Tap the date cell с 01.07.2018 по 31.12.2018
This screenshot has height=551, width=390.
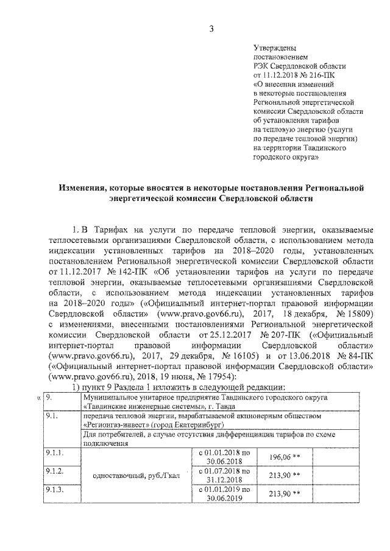[x=224, y=476]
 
